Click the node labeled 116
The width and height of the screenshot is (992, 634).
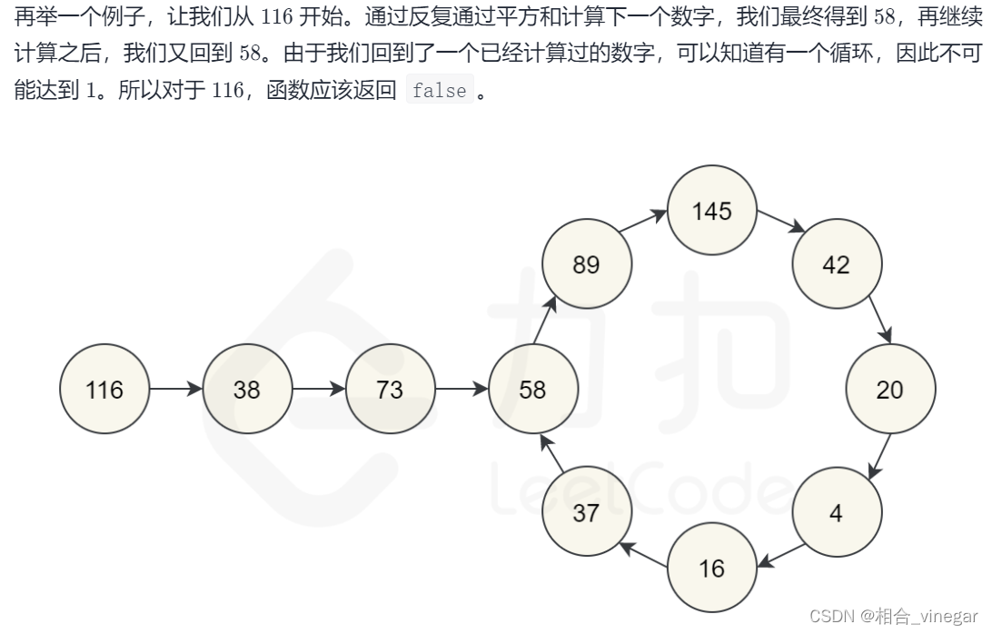104,389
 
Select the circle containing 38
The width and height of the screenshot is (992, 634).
246,389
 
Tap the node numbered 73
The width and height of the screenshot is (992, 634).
389,389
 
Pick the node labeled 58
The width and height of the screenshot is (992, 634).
532,389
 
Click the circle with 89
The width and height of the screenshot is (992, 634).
586,264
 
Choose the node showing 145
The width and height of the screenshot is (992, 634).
711,211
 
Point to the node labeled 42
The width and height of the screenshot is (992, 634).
836,264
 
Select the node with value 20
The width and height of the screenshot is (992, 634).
889,389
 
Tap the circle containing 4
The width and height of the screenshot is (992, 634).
836,512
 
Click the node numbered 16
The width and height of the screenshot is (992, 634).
711,568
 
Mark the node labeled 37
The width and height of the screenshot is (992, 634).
586,512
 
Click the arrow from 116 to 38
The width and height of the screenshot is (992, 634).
175,389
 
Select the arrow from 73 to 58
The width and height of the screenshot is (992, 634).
461,389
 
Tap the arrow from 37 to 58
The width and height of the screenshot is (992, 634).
556,453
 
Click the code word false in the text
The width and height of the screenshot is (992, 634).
440,91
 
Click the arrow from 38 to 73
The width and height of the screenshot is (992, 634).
318,389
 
